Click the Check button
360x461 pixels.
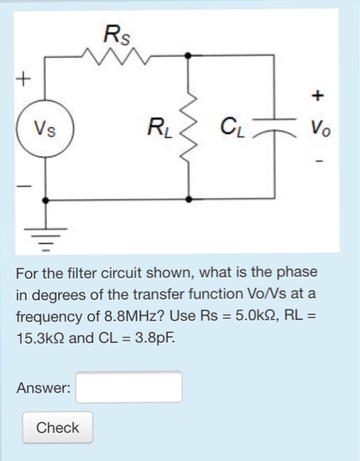tap(57, 427)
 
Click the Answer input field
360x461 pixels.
tap(129, 387)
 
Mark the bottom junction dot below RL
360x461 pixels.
tap(190, 198)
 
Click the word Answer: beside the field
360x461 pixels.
tap(43, 388)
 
